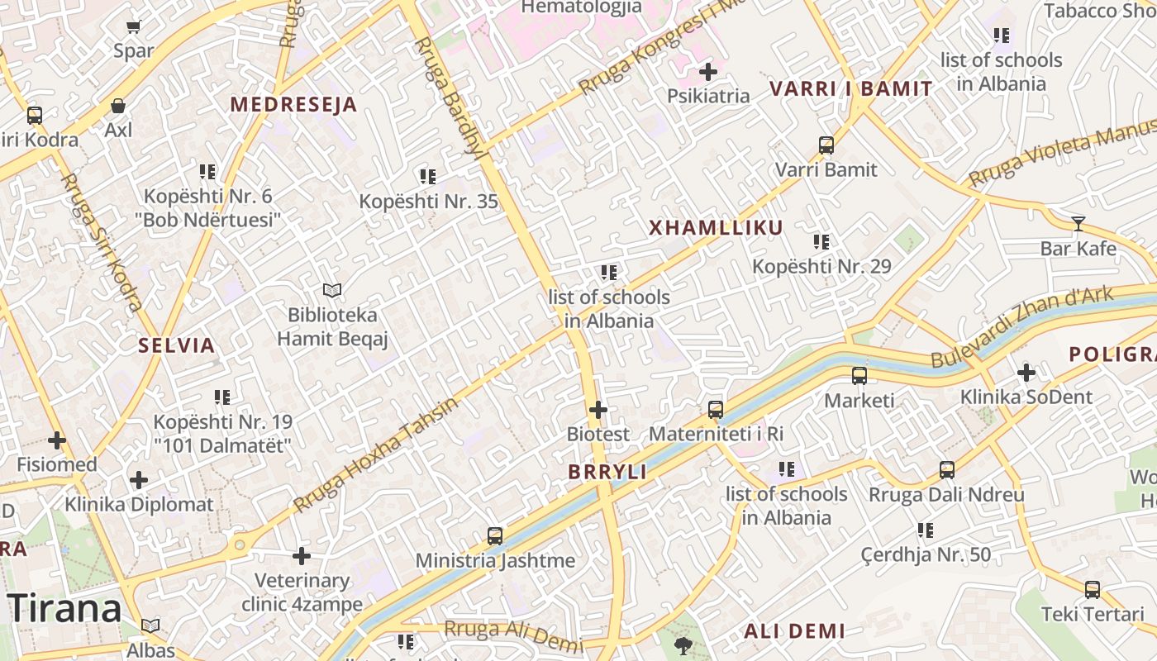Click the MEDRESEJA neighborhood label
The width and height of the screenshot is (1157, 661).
coord(293,105)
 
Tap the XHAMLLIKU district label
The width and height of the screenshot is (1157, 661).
coord(716,228)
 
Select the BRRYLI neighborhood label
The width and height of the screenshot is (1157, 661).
coord(607,472)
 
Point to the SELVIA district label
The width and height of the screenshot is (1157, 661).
coord(177,345)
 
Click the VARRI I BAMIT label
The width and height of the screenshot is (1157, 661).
coord(851,88)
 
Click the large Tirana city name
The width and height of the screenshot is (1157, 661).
coord(66,609)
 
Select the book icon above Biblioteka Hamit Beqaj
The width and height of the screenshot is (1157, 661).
coord(332,290)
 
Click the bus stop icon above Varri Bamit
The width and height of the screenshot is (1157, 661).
coord(826,145)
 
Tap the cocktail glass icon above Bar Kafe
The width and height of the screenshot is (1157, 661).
coord(1078,223)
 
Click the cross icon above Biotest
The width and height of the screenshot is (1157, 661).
coord(598,409)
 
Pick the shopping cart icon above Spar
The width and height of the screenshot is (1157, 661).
coord(134,26)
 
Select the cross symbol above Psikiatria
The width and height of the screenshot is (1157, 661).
coord(708,72)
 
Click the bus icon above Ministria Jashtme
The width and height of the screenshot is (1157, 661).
coord(495,536)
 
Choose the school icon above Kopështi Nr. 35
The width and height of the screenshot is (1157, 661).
coord(427,176)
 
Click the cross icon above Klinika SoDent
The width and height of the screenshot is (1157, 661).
coord(1026,373)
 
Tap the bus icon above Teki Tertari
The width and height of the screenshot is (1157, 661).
coord(1093,590)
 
